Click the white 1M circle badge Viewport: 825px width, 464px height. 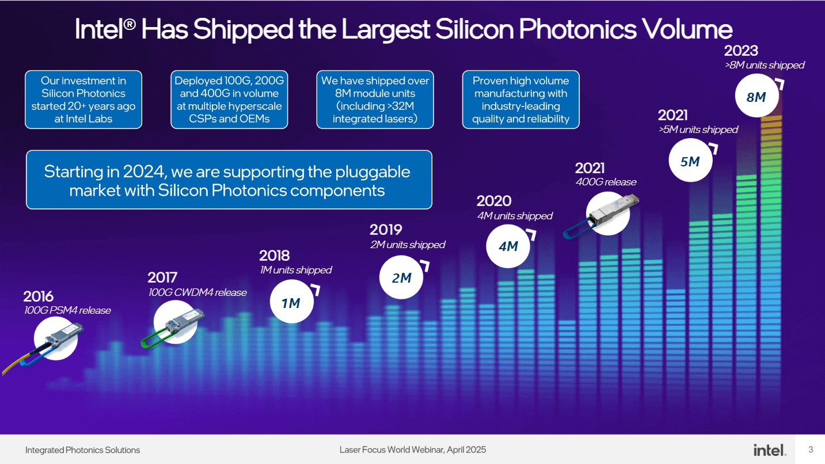[292, 302]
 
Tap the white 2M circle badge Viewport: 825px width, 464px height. [401, 277]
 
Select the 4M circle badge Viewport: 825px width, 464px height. [508, 246]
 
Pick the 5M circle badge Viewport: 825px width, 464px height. [690, 160]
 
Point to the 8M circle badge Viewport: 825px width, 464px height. [757, 96]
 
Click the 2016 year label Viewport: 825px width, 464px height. [39, 296]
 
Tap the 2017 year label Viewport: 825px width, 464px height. [162, 277]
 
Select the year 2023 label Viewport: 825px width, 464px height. [741, 51]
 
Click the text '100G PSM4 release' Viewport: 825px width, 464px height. [67, 310]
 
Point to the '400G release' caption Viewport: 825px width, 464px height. [606, 182]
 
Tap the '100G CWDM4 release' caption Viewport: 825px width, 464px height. [197, 292]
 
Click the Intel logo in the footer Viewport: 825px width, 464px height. [770, 450]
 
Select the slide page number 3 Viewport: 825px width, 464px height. [811, 450]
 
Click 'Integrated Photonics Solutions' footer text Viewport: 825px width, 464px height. [82, 450]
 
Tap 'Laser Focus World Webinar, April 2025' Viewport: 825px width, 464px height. [412, 450]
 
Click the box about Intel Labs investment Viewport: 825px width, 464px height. [83, 100]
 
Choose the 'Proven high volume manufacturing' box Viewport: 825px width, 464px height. [521, 100]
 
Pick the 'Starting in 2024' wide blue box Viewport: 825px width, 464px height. [229, 180]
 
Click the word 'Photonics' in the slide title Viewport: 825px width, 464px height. [577, 29]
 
